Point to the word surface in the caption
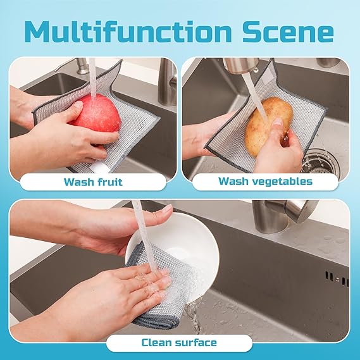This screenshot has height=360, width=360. (x=196, y=343)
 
